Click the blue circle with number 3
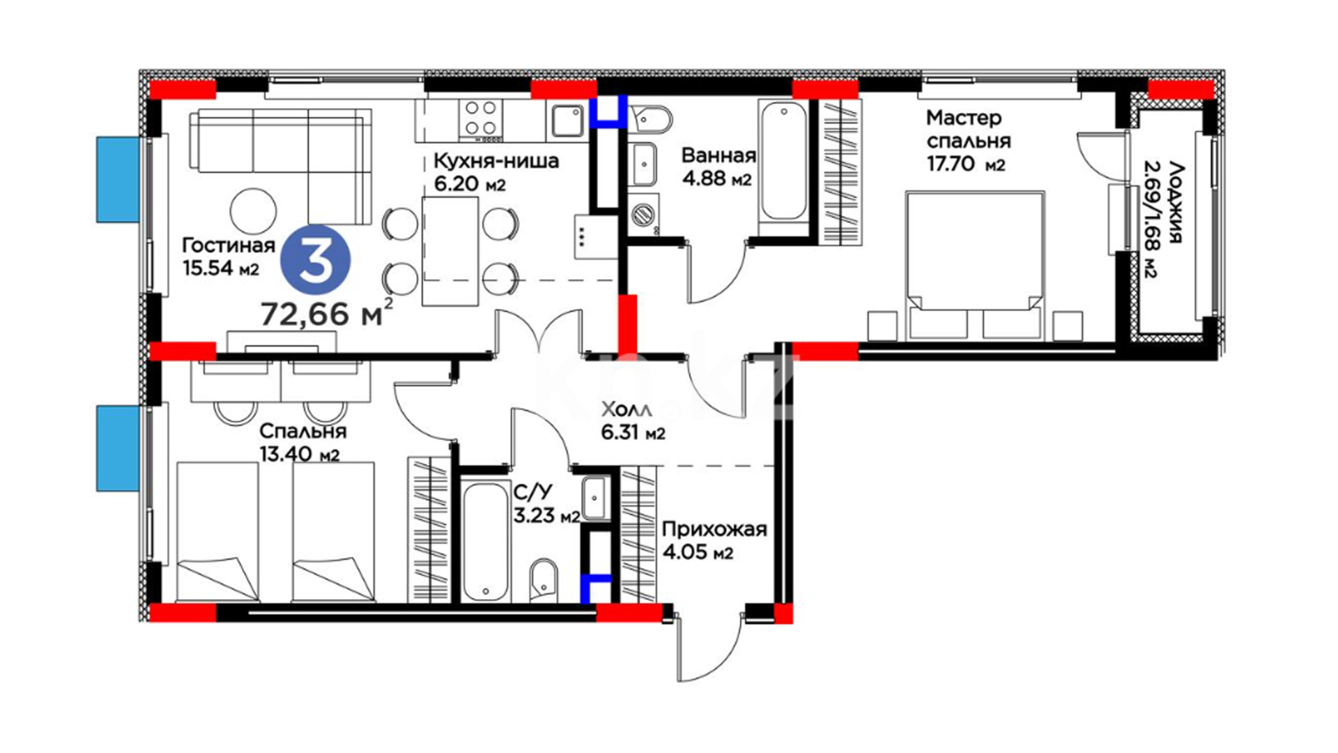[315, 259]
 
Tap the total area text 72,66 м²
[327, 314]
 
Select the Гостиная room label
[229, 245]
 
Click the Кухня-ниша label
[496, 161]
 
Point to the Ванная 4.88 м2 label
[718, 167]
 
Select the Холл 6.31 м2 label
[633, 421]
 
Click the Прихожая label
[714, 529]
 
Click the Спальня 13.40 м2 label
[302, 443]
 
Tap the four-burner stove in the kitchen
[480, 118]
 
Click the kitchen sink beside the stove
[568, 121]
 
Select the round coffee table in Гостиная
[254, 211]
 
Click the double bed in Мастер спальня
[975, 266]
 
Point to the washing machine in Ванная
[644, 214]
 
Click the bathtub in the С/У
[486, 541]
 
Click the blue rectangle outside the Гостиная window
[118, 179]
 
